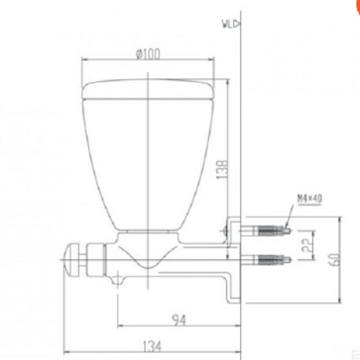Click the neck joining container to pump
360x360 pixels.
148,235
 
